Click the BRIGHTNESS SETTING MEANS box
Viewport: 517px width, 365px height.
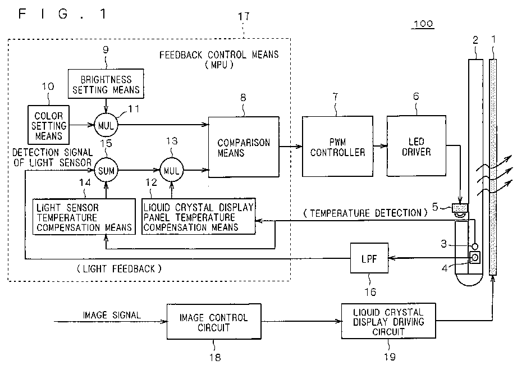tap(106, 84)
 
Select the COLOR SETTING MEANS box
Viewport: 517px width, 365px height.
tap(48, 125)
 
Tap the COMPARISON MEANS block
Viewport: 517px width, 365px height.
tap(244, 147)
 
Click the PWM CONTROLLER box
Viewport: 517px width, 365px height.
tap(337, 147)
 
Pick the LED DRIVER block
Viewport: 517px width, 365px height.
tap(416, 146)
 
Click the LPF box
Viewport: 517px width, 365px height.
tap(369, 258)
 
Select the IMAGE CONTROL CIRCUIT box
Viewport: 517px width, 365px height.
tap(214, 322)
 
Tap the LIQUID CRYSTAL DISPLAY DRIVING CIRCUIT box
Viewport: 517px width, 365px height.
tap(388, 321)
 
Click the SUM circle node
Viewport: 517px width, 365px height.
tap(106, 171)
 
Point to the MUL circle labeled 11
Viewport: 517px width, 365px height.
tap(106, 125)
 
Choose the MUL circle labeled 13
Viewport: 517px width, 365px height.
tap(171, 171)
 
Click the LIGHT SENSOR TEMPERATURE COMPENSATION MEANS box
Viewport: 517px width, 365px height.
tap(84, 217)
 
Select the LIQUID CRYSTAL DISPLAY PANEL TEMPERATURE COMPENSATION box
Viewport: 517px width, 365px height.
tap(199, 217)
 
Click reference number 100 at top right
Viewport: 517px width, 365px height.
tap(423, 24)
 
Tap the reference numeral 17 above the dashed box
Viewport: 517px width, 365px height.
tap(244, 16)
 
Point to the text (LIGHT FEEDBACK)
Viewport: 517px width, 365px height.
tap(119, 269)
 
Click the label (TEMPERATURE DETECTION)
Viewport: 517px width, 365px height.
tap(365, 213)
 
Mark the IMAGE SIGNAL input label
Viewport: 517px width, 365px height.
tap(112, 315)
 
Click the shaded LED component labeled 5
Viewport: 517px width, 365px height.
tap(460, 207)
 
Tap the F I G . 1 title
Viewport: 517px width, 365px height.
tap(62, 14)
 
